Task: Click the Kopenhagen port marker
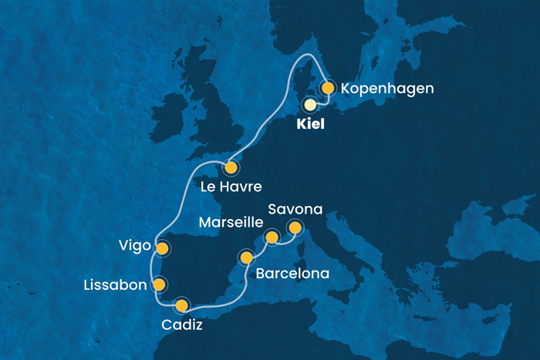point(327,88)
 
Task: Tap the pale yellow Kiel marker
point(310,104)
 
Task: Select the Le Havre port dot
point(230,167)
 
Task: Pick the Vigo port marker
point(162,248)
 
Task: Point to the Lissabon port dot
point(160,284)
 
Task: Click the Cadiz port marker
point(181,305)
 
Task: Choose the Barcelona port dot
point(246,257)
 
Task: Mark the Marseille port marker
point(272,237)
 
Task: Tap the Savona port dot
point(294,227)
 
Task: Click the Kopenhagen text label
point(387,89)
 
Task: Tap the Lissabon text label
point(113,285)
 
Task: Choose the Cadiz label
point(183,325)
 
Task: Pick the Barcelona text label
point(292,274)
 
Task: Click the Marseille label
point(231,224)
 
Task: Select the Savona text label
point(296,209)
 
